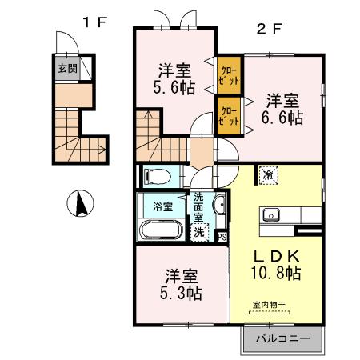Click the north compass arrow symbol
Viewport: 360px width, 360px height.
click(81, 204)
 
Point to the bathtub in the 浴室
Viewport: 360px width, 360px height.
click(162, 230)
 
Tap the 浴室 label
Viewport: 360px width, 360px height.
click(163, 206)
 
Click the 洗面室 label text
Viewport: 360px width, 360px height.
click(199, 210)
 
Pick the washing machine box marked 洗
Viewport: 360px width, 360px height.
click(199, 232)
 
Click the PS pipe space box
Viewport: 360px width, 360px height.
click(222, 236)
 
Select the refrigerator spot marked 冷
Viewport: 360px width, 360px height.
click(267, 174)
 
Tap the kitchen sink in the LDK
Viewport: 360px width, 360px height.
click(270, 214)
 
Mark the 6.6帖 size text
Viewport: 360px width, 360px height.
click(284, 118)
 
